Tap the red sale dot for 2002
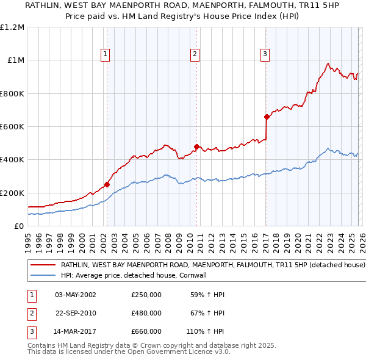(107, 184)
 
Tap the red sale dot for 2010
(196, 146)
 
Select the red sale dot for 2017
(267, 117)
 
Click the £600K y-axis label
(12, 127)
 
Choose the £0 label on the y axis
(18, 226)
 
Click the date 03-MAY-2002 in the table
(76, 295)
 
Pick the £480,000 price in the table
(146, 313)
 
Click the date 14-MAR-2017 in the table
(76, 331)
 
